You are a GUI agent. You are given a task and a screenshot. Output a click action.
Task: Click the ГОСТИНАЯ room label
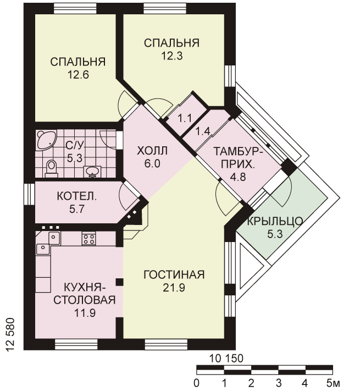pyautogui.click(x=174, y=274)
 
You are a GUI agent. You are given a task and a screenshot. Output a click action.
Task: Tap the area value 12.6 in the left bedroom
pyautogui.click(x=78, y=75)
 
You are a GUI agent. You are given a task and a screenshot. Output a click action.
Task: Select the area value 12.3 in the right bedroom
pyautogui.click(x=172, y=56)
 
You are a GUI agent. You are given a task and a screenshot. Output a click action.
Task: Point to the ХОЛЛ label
pyautogui.click(x=152, y=151)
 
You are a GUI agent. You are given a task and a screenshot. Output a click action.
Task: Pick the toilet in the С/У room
pyautogui.click(x=52, y=168)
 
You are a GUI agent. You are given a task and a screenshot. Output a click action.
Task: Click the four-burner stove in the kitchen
pyautogui.click(x=88, y=239)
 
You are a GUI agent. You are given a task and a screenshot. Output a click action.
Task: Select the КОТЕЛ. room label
pyautogui.click(x=77, y=196)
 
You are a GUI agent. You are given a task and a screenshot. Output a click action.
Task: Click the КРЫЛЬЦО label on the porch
pyautogui.click(x=275, y=221)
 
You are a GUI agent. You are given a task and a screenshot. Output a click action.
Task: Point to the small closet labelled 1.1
pyautogui.click(x=186, y=118)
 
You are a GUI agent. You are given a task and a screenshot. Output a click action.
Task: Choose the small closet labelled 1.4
pyautogui.click(x=202, y=131)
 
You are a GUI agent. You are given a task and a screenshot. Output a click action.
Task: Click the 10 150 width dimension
pyautogui.click(x=226, y=359)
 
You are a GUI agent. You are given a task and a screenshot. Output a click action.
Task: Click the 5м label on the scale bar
pyautogui.click(x=334, y=383)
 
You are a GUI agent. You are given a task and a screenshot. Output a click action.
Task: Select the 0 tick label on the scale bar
pyautogui.click(x=197, y=383)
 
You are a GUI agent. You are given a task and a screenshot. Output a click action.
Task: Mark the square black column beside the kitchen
pyautogui.click(x=120, y=282)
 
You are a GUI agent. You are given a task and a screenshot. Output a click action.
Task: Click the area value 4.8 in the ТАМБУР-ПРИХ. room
pyautogui.click(x=238, y=177)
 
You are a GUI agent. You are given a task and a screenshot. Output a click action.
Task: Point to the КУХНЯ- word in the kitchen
pyautogui.click(x=85, y=287)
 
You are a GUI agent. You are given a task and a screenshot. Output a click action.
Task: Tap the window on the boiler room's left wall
pyautogui.click(x=29, y=194)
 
